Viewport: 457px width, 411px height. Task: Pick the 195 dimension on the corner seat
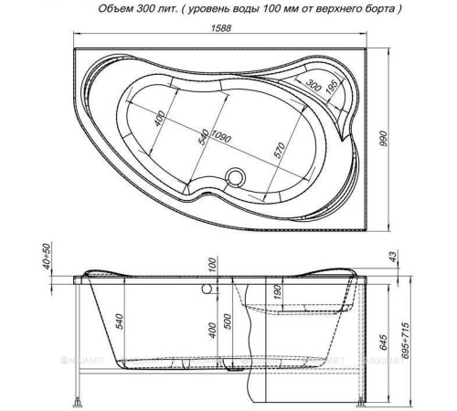point(332,86)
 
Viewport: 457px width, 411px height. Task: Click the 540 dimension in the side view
point(117,321)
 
